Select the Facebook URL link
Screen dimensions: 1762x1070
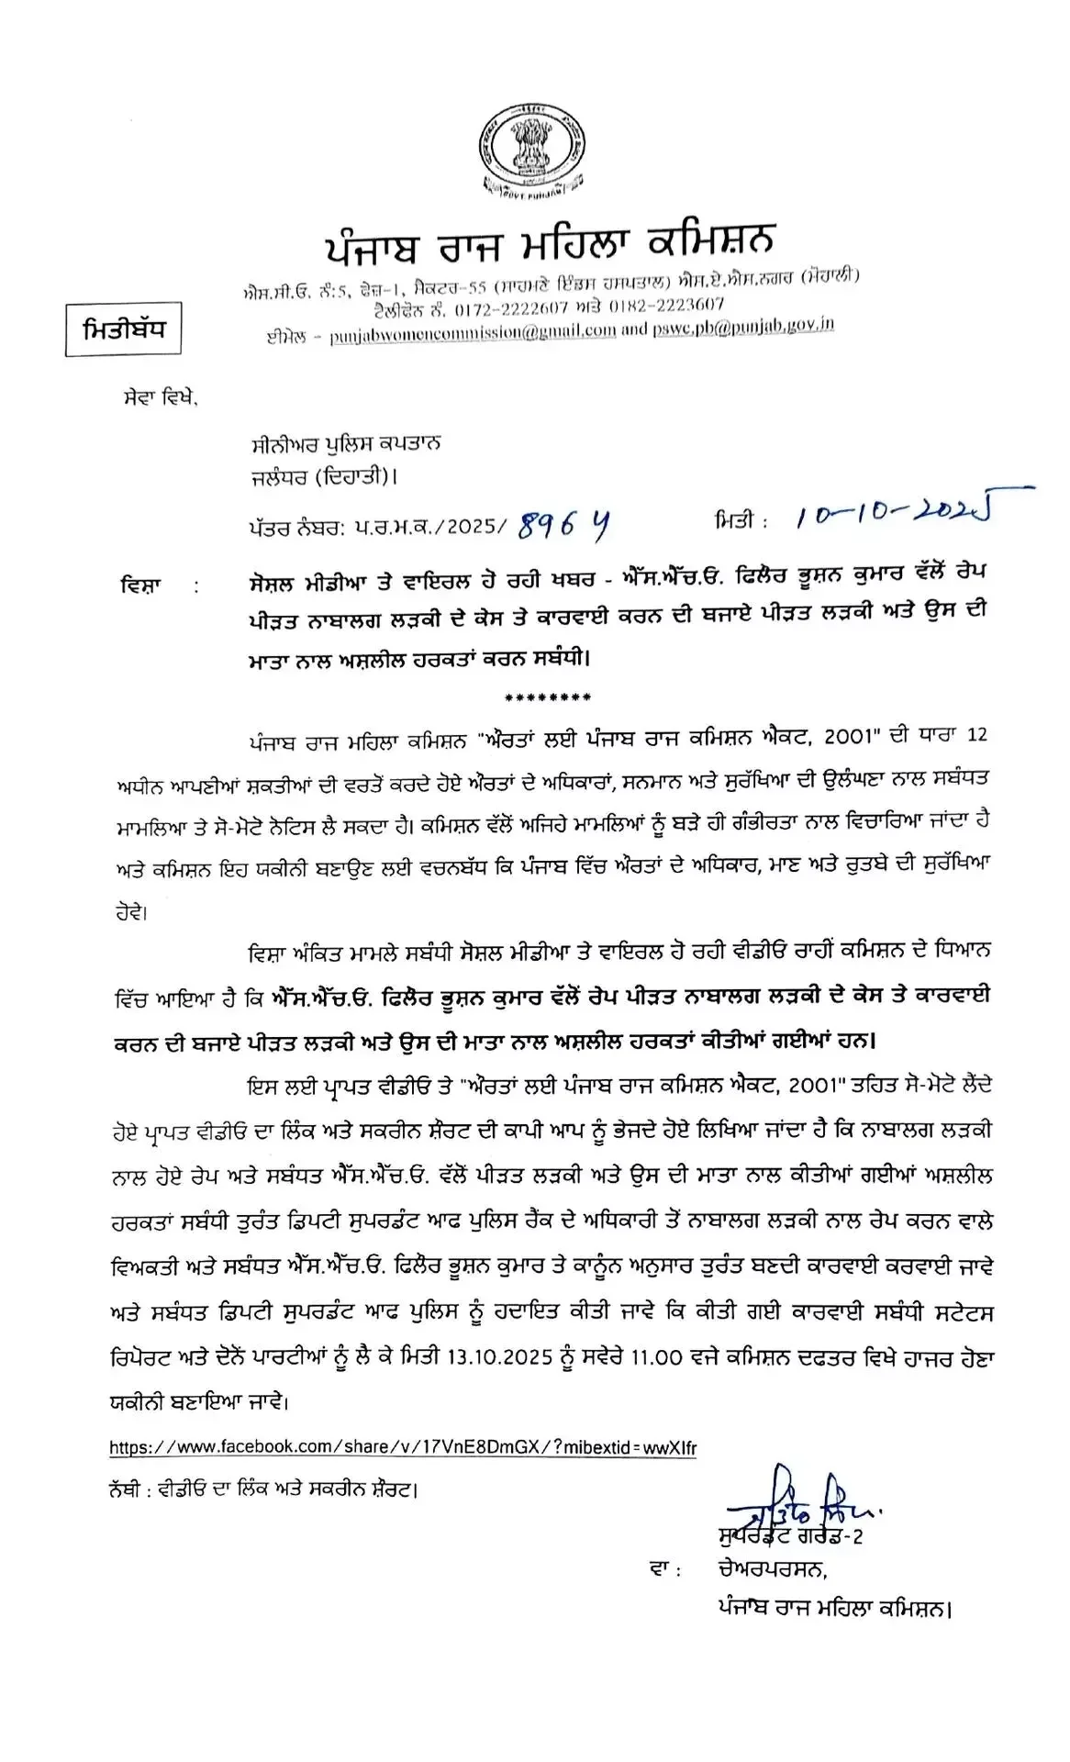(403, 1447)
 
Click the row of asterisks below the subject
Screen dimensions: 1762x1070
(549, 697)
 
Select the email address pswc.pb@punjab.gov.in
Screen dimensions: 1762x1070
(743, 326)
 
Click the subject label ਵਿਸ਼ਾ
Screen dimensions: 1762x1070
(140, 584)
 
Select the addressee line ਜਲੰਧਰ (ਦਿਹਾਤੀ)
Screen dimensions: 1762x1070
(325, 476)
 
